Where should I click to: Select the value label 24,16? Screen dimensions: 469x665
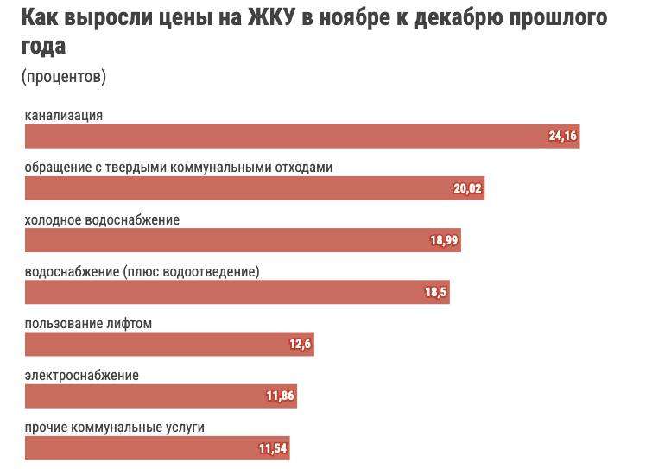point(562,136)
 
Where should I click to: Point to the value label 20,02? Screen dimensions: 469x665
point(467,188)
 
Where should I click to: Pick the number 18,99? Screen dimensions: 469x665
point(444,240)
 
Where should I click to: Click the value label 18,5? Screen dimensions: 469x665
point(435,292)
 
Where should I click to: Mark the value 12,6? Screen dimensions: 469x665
point(300,344)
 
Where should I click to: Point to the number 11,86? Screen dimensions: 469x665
point(281,396)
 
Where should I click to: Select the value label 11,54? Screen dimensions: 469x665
point(272,448)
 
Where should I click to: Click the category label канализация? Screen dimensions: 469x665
point(64,116)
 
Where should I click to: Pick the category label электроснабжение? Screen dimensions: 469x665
point(82,375)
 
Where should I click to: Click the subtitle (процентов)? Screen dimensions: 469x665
point(64,77)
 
